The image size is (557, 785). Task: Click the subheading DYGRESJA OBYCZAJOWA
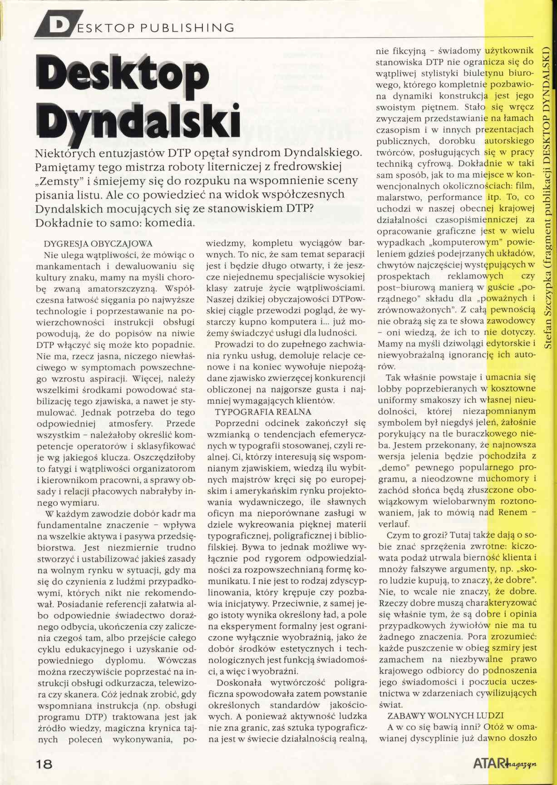[x=98, y=243]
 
